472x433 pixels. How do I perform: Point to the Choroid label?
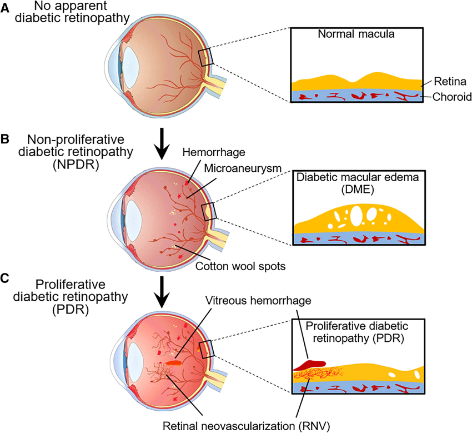pyautogui.click(x=448, y=97)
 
